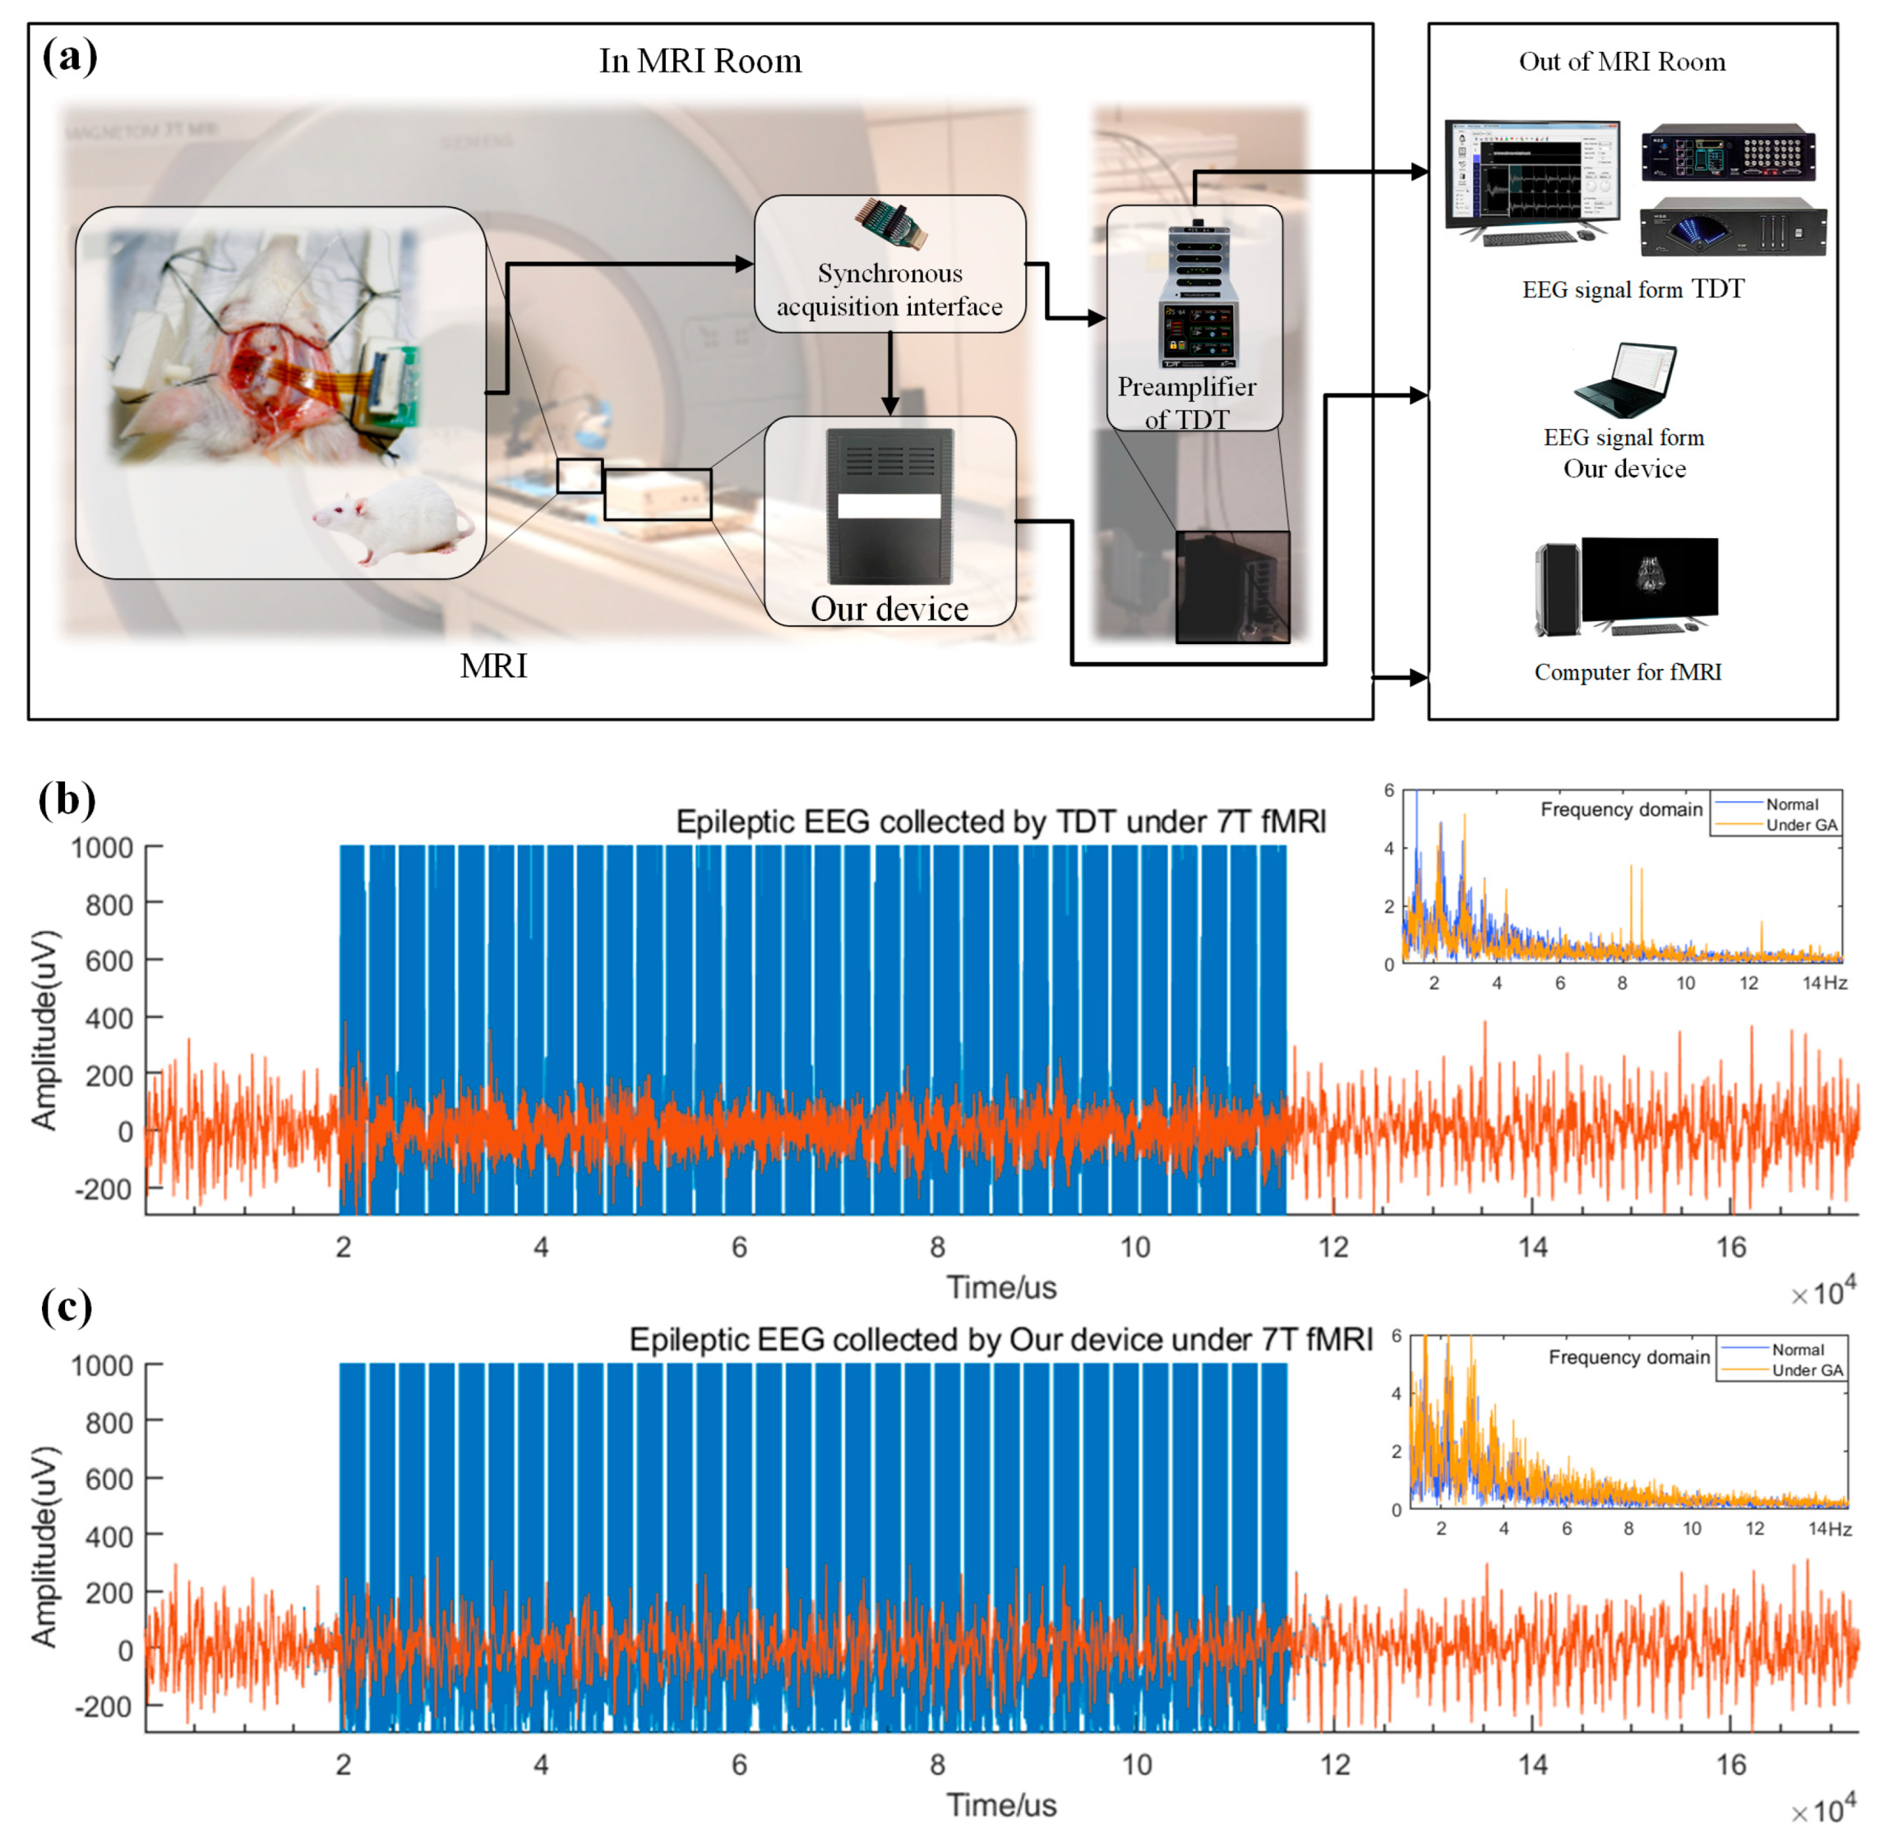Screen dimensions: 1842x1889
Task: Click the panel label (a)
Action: [x=70, y=56]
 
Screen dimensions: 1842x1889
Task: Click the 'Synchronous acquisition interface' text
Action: [x=889, y=290]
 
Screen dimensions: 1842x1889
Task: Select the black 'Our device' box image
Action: [x=889, y=506]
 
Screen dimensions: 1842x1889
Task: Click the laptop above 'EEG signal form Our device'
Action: [x=1623, y=381]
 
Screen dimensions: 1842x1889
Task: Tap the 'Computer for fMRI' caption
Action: [x=1628, y=672]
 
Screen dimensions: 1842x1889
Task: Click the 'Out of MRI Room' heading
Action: [x=1622, y=62]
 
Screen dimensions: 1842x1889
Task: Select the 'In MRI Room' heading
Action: [x=700, y=61]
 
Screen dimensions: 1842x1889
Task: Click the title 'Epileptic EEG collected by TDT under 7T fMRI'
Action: [x=1000, y=822]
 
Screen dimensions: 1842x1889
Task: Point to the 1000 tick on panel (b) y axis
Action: [x=102, y=849]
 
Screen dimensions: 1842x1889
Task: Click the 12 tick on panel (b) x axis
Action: [x=1333, y=1247]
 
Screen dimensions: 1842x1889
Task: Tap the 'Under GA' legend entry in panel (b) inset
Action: [x=1801, y=825]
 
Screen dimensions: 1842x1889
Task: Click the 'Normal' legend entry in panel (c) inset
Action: [x=1798, y=1350]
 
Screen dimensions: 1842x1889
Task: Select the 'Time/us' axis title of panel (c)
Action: [x=1001, y=1805]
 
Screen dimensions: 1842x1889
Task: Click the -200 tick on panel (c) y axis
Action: [x=104, y=1706]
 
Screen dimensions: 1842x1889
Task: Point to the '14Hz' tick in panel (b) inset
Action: [x=1824, y=983]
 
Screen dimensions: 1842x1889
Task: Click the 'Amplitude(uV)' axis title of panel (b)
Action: [x=44, y=1030]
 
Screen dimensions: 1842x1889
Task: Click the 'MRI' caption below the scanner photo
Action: [x=493, y=666]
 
